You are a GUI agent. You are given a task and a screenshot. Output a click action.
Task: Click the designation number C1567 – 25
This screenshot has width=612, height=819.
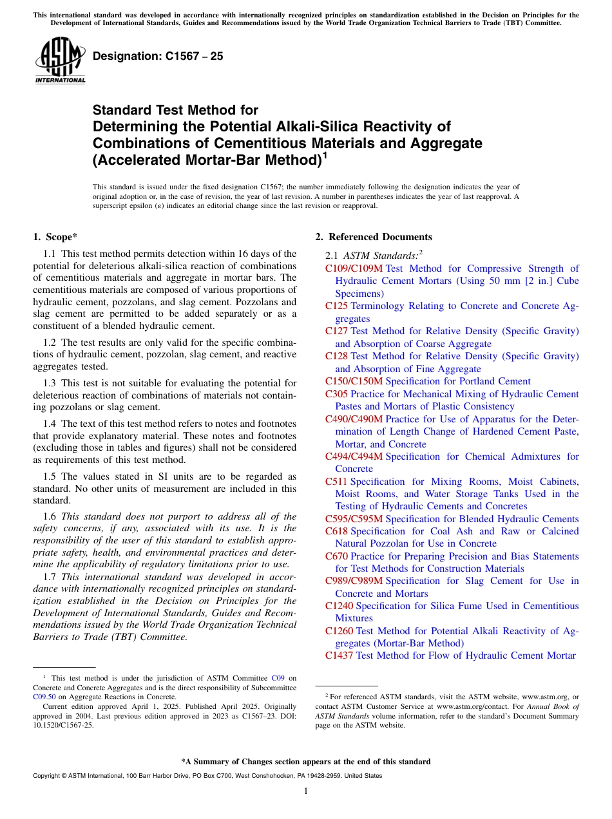[158, 56]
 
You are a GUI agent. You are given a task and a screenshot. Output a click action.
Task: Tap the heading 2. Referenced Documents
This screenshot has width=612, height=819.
[374, 237]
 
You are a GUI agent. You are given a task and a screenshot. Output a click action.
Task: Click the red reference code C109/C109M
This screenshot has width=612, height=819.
[354, 268]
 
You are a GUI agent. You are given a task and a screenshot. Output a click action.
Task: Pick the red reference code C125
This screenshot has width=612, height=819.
[336, 306]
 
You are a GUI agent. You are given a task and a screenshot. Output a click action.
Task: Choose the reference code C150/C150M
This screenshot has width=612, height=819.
[354, 381]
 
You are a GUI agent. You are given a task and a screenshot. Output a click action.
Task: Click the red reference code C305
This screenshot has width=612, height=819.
[336, 394]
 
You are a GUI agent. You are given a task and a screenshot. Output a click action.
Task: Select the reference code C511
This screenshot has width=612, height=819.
[336, 482]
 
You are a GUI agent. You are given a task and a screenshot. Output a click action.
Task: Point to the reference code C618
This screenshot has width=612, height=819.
[336, 531]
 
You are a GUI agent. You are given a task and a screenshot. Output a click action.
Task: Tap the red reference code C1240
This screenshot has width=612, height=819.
[339, 606]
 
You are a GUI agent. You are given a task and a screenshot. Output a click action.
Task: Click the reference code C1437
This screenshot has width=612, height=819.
[339, 655]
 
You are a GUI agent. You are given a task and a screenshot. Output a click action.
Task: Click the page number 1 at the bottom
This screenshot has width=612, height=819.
[306, 791]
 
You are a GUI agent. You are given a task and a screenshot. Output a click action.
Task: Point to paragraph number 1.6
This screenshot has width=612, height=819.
[50, 516]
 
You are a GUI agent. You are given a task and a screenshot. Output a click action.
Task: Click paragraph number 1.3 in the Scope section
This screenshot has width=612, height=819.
[50, 383]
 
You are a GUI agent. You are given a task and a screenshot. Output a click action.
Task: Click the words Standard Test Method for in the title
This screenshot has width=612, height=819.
[175, 110]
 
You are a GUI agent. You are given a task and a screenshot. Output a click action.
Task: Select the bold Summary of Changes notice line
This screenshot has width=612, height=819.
[306, 762]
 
